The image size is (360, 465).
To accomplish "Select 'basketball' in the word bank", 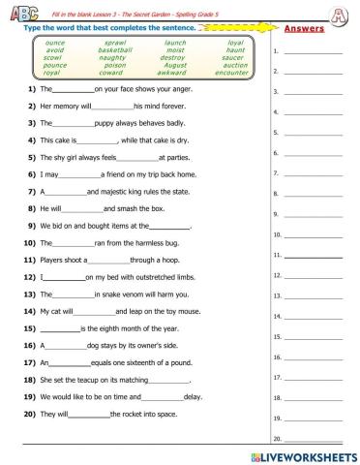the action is (115, 50).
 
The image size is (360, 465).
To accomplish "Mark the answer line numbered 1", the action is (314, 51).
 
